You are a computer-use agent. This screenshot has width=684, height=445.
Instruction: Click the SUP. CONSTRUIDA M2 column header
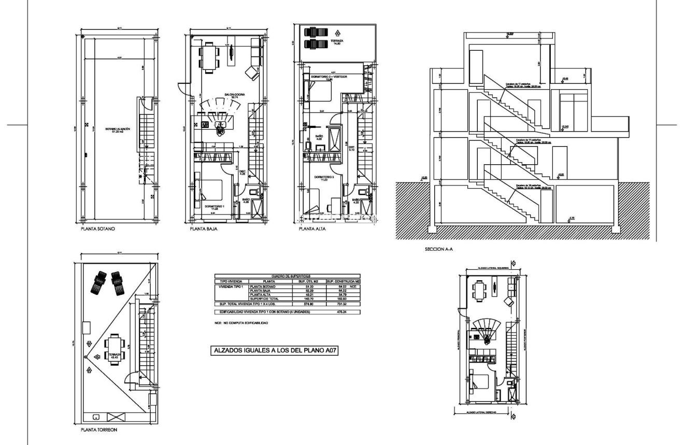point(342,281)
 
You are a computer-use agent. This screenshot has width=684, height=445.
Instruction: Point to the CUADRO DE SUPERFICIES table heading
point(287,276)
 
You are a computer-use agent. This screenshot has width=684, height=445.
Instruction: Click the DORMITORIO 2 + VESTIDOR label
point(329,77)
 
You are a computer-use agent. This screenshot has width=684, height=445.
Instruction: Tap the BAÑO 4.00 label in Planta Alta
point(319,137)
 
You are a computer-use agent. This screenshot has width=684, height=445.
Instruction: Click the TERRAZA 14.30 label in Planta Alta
point(337,41)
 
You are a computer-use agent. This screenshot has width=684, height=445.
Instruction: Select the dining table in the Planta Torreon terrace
point(113,349)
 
